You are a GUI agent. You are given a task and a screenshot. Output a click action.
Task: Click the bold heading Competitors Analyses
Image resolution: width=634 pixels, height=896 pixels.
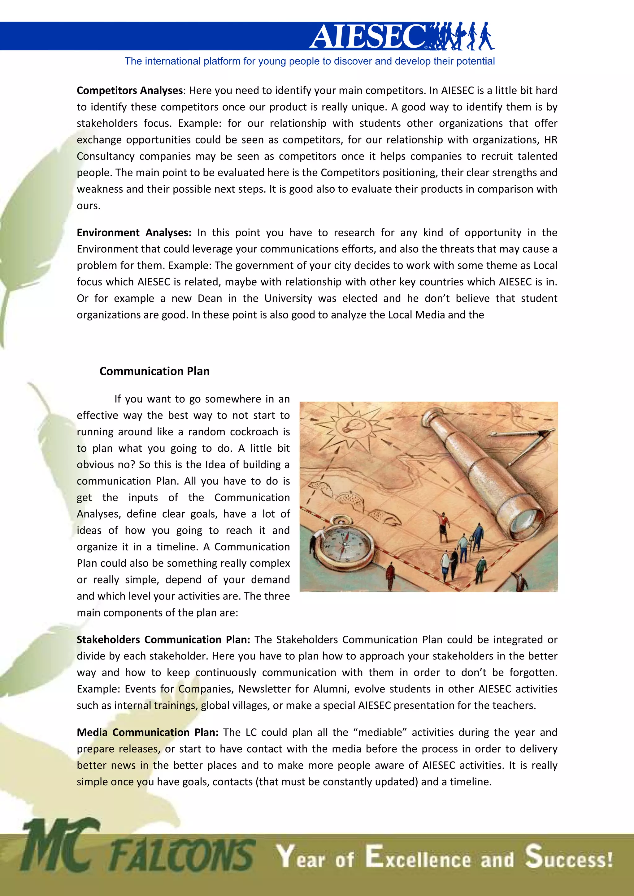pyautogui.click(x=130, y=91)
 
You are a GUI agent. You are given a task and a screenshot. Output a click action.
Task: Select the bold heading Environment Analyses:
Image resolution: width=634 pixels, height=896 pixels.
pyautogui.click(x=134, y=233)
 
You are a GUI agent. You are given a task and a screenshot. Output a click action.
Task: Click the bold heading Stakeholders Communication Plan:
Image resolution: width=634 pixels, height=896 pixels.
pyautogui.click(x=163, y=640)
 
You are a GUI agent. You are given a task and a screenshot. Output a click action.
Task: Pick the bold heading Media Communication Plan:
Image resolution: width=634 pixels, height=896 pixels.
pyautogui.click(x=148, y=732)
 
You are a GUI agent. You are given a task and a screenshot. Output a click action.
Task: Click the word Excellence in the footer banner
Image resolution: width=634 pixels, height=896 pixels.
pyautogui.click(x=418, y=858)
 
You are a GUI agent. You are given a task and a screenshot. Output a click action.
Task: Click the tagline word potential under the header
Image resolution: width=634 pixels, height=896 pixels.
pyautogui.click(x=475, y=61)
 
